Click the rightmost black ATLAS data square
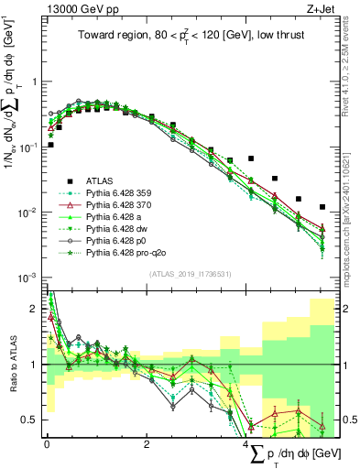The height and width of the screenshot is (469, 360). (x=322, y=207)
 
